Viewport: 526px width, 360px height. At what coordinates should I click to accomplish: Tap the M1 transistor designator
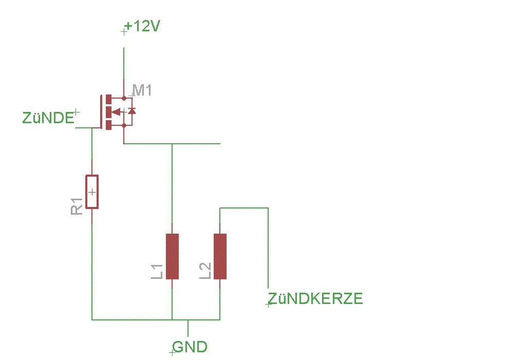142,91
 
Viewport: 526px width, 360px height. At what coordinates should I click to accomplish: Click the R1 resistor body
92,192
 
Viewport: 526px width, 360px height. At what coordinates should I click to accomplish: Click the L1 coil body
172,256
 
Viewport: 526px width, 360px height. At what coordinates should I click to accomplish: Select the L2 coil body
220,256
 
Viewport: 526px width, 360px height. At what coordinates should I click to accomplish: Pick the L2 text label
205,271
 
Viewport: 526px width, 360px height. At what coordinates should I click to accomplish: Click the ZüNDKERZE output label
315,299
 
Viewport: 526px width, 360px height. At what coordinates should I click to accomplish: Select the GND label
191,347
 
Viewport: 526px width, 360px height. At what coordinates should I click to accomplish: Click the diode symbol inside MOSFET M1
131,111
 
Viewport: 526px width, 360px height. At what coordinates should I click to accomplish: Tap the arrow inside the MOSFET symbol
116,111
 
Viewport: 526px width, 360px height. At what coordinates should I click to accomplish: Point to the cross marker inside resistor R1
92,192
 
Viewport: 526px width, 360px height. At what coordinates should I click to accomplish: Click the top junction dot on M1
124,98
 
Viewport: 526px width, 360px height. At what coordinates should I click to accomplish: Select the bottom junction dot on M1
124,125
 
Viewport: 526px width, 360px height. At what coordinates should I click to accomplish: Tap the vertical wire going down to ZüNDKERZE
268,247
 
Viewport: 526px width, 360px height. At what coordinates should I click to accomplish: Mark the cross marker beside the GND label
172,353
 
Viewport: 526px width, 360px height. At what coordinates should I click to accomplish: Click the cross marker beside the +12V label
123,32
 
